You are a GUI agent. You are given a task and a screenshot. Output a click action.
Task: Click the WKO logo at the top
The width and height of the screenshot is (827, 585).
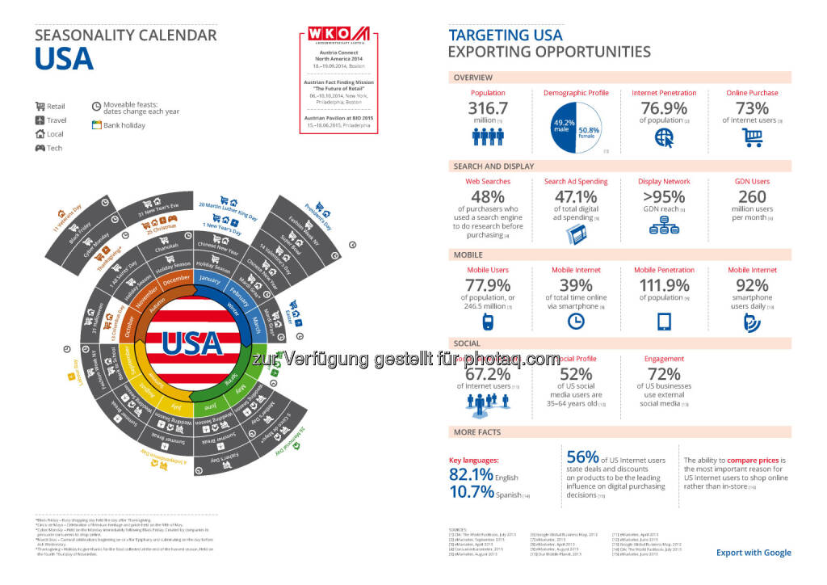[338, 36]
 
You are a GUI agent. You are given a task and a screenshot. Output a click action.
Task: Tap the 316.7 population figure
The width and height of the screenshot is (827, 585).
[488, 108]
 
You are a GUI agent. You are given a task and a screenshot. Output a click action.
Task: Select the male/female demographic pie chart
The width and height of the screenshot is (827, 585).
[576, 125]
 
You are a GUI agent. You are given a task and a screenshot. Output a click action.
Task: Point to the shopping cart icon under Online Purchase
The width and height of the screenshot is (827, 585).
[752, 138]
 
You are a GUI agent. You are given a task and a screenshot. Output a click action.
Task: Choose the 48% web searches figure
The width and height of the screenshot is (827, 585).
[488, 197]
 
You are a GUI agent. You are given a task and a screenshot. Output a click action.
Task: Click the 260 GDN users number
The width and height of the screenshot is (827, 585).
[752, 197]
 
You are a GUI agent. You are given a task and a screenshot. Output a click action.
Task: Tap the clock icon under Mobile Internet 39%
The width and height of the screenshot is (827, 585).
[576, 321]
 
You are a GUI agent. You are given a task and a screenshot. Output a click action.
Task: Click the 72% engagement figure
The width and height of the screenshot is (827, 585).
[664, 374]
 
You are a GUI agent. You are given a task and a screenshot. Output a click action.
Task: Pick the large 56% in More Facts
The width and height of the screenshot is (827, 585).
[581, 457]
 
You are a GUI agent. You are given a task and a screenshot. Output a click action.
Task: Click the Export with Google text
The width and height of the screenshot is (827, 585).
[754, 553]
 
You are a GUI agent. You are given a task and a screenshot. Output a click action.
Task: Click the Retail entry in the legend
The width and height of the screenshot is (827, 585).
[56, 106]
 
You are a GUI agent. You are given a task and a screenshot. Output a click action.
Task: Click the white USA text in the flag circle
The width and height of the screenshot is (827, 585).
[192, 343]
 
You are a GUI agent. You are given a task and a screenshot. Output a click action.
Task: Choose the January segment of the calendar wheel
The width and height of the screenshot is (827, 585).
[209, 280]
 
